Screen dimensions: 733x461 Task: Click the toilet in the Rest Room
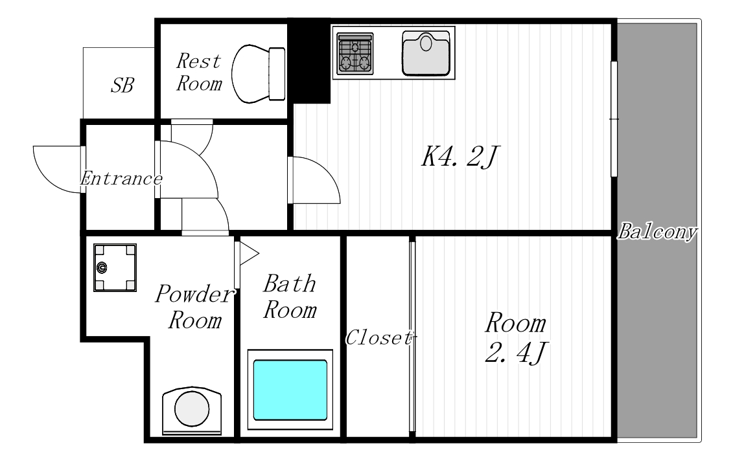click(x=259, y=74)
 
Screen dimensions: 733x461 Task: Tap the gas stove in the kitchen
click(x=355, y=54)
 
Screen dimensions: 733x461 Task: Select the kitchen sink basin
click(x=426, y=53)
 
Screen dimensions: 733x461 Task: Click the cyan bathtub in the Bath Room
click(x=290, y=390)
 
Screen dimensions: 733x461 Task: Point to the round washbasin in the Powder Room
click(x=192, y=409)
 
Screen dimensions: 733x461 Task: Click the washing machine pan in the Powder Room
click(x=115, y=267)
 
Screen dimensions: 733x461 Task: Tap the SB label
click(x=122, y=85)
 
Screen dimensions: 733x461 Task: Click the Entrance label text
click(x=122, y=179)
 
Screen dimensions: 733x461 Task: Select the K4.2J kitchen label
click(x=460, y=157)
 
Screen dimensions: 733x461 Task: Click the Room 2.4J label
click(x=516, y=337)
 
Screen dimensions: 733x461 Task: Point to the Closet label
click(x=380, y=338)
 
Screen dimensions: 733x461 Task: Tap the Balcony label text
click(x=658, y=232)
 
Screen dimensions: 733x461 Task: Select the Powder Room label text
click(x=195, y=307)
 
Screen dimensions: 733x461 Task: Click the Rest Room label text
click(x=199, y=73)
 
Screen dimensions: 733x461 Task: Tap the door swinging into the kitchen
click(x=314, y=180)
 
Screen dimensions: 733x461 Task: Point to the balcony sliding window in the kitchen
click(x=614, y=119)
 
